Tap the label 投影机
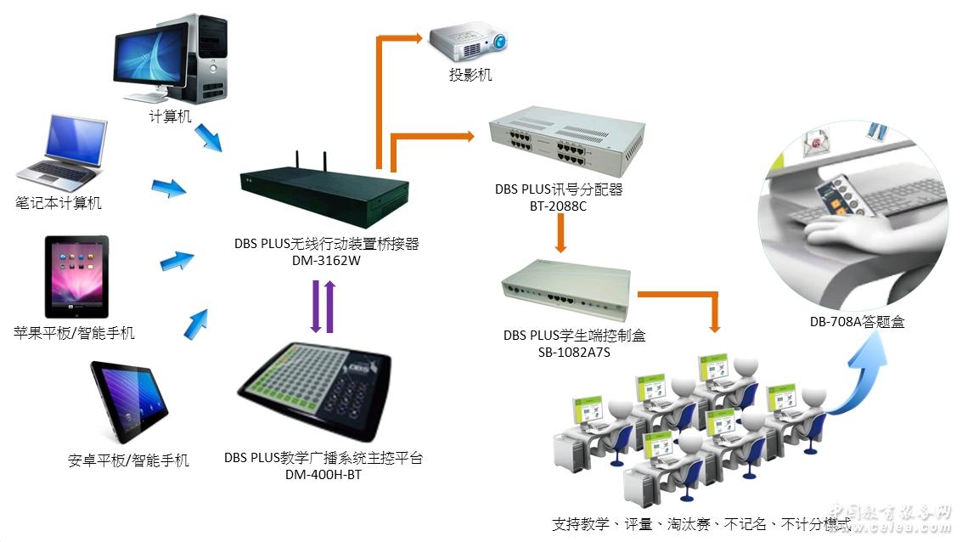click(x=470, y=76)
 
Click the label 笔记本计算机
click(x=59, y=202)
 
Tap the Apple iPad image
click(x=76, y=276)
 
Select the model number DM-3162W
click(x=326, y=261)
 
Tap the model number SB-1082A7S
click(x=575, y=352)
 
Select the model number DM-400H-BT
click(x=323, y=475)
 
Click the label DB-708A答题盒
click(x=857, y=322)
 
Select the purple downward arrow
click(x=314, y=308)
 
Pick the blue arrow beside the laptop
click(x=168, y=188)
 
